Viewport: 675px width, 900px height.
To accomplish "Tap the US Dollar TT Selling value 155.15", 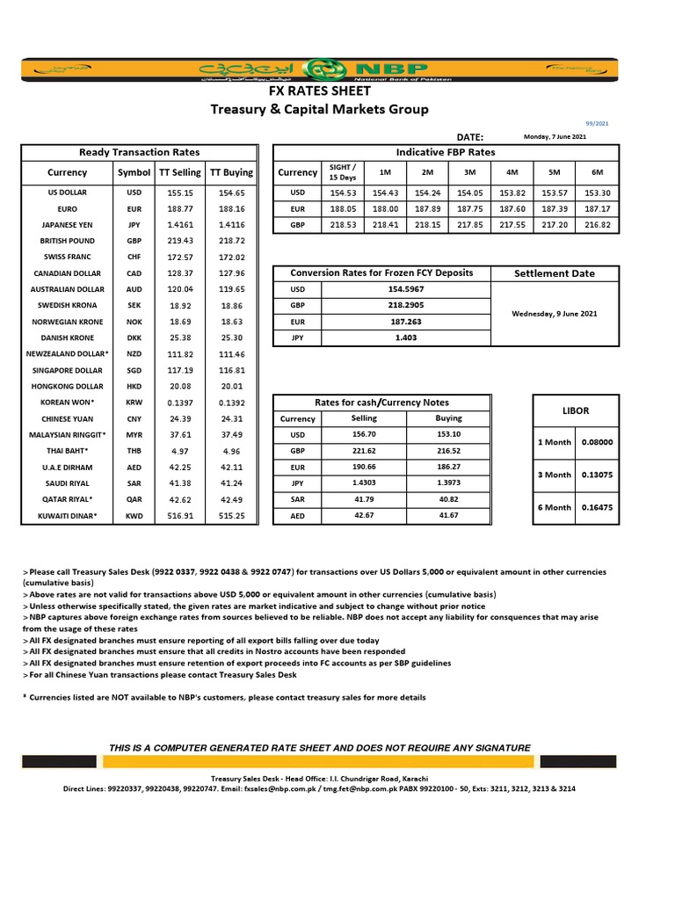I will click(180, 192).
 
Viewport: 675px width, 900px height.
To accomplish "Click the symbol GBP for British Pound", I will click(134, 241).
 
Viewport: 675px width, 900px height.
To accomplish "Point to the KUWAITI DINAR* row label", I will click(67, 516).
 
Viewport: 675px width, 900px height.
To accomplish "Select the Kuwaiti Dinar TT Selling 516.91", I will click(180, 516).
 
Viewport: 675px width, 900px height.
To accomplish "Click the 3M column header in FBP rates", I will click(470, 172).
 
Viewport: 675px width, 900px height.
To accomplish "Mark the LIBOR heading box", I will click(575, 410).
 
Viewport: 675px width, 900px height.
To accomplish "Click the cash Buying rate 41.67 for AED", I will click(448, 516).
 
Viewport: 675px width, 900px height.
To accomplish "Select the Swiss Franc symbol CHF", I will click(134, 257).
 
